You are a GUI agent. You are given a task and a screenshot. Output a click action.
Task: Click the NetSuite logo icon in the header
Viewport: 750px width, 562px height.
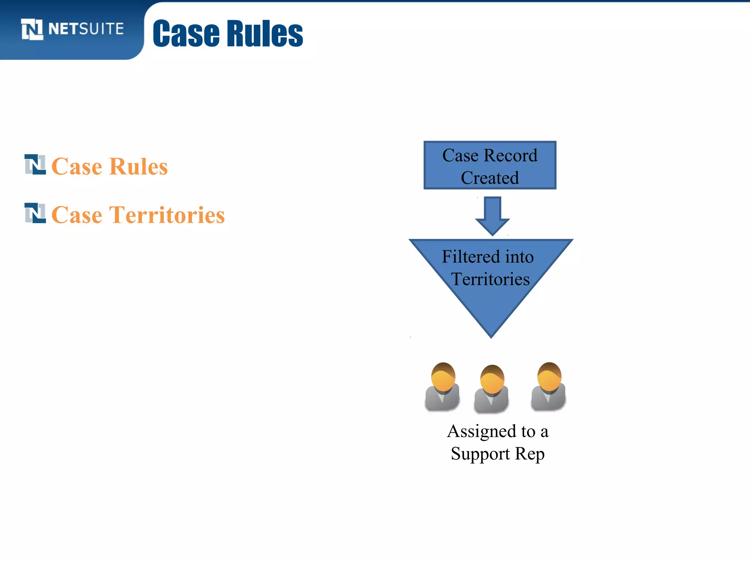click(32, 29)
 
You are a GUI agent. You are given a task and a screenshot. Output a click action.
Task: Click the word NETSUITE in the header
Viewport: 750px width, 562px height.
click(86, 29)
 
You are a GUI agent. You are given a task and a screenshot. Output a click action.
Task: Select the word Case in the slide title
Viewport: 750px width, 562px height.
click(186, 34)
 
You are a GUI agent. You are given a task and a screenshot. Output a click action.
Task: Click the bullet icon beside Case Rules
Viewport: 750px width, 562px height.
click(35, 165)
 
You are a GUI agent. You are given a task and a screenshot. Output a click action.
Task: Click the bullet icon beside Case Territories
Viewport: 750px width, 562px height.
click(35, 213)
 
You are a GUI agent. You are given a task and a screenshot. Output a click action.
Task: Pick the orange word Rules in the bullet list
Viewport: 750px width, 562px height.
click(138, 166)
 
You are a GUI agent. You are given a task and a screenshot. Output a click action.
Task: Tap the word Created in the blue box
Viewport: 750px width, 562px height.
click(490, 178)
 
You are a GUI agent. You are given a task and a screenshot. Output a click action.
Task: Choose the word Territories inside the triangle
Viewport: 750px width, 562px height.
click(490, 279)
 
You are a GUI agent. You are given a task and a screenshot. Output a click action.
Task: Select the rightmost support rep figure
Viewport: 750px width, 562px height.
click(549, 387)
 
